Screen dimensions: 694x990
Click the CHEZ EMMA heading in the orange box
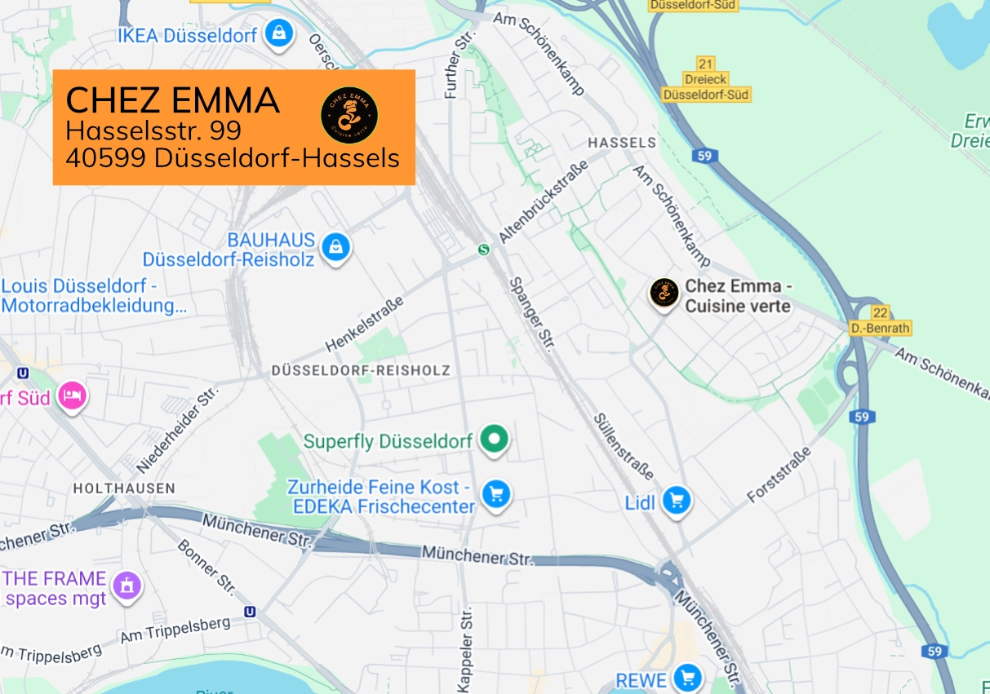[x=172, y=100]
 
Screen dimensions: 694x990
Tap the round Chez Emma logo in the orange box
[x=348, y=113]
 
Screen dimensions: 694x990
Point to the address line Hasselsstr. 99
[x=153, y=130]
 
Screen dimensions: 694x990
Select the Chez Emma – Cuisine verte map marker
[x=664, y=293]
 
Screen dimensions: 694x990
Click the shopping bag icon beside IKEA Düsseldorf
[x=279, y=33]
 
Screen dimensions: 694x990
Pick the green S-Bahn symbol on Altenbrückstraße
[x=483, y=250]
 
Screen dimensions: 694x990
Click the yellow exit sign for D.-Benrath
[x=879, y=320]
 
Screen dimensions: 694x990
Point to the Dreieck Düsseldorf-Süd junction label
[x=706, y=80]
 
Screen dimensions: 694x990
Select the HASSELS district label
[x=621, y=143]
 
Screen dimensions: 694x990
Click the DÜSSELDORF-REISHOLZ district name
[x=360, y=370]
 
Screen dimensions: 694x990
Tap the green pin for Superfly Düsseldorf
[x=493, y=439]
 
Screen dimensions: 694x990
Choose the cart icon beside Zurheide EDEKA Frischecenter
[x=495, y=493]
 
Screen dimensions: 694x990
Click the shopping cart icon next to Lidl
[x=676, y=500]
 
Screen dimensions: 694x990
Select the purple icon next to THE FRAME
[x=127, y=585]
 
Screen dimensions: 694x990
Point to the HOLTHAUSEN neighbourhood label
[x=123, y=488]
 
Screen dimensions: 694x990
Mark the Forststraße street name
[x=779, y=475]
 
